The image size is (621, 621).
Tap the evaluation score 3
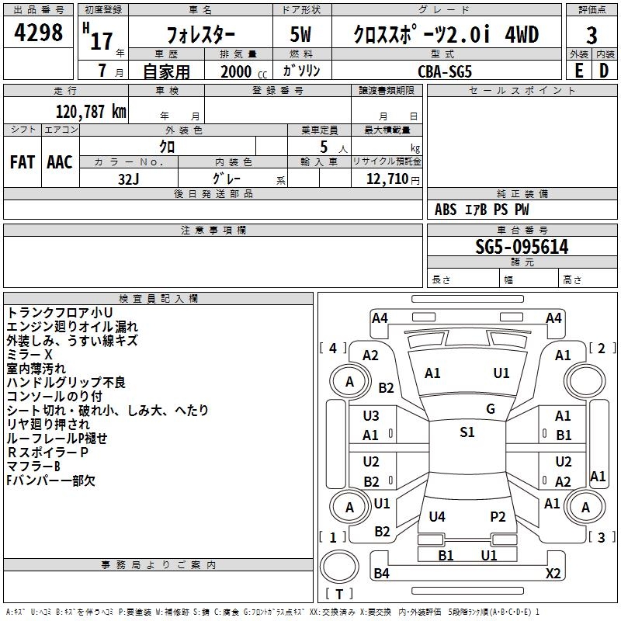pyautogui.click(x=592, y=36)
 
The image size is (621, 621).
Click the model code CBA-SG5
pyautogui.click(x=444, y=71)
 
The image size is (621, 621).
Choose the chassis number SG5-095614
pyautogui.click(x=522, y=248)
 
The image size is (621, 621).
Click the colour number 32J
pyautogui.click(x=129, y=178)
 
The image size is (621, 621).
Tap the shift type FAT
pyautogui.click(x=22, y=162)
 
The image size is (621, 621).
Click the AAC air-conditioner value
pyautogui.click(x=60, y=162)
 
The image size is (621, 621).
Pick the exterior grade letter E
pyautogui.click(x=578, y=71)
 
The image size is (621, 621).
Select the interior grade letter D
pyautogui.click(x=604, y=71)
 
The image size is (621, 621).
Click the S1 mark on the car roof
pyautogui.click(x=467, y=432)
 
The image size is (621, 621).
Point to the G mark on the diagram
pyautogui.click(x=491, y=409)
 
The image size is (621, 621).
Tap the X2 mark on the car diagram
pyautogui.click(x=553, y=574)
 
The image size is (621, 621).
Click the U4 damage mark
pyautogui.click(x=437, y=517)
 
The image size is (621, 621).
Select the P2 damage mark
pyautogui.click(x=498, y=517)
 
